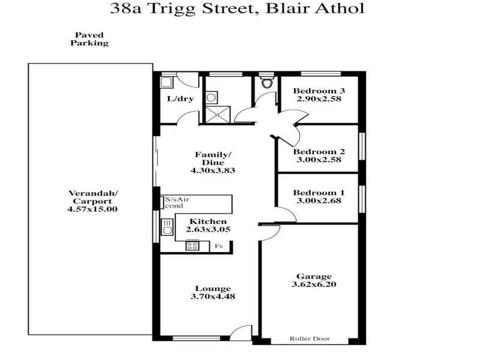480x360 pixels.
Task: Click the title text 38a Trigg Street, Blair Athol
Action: click(x=237, y=9)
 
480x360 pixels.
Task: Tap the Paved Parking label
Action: click(x=89, y=40)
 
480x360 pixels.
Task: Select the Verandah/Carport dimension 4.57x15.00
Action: click(x=93, y=209)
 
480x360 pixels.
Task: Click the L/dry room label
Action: click(x=180, y=99)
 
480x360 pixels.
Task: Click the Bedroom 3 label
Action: click(x=319, y=91)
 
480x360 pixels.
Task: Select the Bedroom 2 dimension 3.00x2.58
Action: click(x=319, y=160)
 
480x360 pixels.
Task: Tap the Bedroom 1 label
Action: click(x=319, y=193)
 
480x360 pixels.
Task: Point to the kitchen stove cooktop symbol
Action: click(x=193, y=245)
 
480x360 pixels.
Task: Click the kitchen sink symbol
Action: click(x=167, y=227)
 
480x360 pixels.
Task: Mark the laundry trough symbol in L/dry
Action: click(x=167, y=83)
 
